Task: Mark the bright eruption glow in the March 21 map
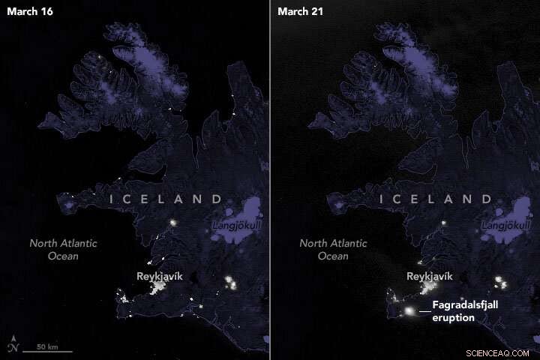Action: (409, 310)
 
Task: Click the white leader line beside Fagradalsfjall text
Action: (424, 310)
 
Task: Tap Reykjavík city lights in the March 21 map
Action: (428, 289)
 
